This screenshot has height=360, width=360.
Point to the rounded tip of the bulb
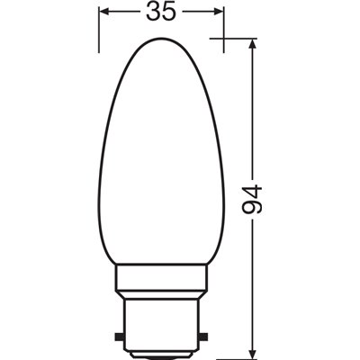(160, 41)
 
